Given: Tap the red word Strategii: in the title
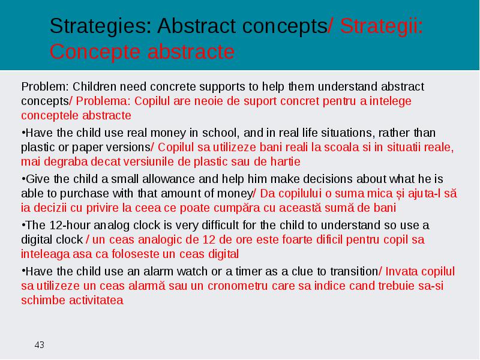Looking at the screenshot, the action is (382, 26).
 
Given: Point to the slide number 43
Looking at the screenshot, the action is (40, 345).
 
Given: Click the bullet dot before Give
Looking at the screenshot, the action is (23, 178).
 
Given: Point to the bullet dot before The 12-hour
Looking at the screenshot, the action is (23, 224).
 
